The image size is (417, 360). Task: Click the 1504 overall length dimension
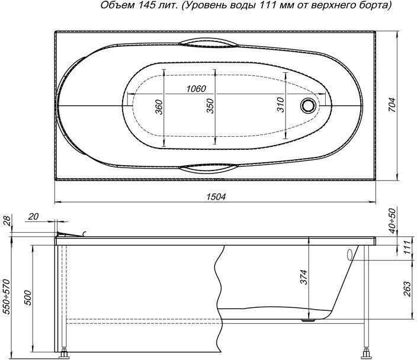216,197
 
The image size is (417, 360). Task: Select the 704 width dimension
393,105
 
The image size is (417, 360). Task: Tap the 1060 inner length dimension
196,89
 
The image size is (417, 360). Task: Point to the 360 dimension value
159,107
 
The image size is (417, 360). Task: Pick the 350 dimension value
210,106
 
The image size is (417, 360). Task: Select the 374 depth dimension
304,277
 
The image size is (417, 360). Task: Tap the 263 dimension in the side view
407,290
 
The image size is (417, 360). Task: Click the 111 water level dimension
407,247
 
